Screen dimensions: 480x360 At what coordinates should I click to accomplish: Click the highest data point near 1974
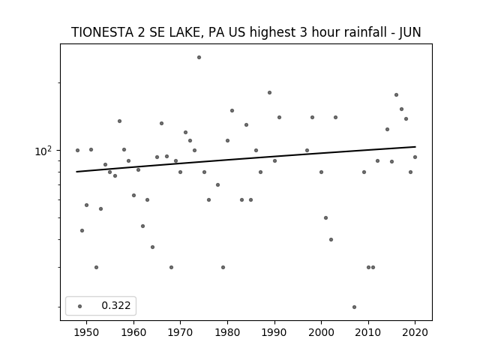click(199, 57)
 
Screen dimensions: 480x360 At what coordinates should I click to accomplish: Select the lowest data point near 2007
click(354, 307)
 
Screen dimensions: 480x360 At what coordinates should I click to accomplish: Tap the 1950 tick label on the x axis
click(87, 333)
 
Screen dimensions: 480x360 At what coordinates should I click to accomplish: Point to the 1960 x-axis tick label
click(133, 333)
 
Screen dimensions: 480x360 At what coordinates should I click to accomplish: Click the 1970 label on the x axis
click(180, 333)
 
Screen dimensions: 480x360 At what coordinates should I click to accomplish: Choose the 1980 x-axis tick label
click(227, 333)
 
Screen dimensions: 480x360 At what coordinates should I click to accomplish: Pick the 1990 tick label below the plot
click(274, 333)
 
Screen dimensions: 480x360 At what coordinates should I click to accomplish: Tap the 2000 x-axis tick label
click(321, 333)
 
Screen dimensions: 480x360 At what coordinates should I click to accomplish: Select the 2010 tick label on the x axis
click(368, 333)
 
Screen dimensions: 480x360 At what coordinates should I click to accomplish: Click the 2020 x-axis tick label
click(415, 333)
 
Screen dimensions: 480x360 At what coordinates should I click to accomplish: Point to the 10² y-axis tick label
click(43, 151)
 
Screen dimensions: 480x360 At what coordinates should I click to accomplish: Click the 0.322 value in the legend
click(116, 305)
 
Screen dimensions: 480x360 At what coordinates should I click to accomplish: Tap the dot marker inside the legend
click(80, 306)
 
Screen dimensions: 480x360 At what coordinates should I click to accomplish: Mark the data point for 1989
click(269, 92)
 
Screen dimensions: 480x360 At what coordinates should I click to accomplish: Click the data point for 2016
click(396, 95)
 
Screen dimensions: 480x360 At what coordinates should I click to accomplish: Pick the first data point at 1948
click(77, 150)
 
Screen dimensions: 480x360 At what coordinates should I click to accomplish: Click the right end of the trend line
click(415, 147)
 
